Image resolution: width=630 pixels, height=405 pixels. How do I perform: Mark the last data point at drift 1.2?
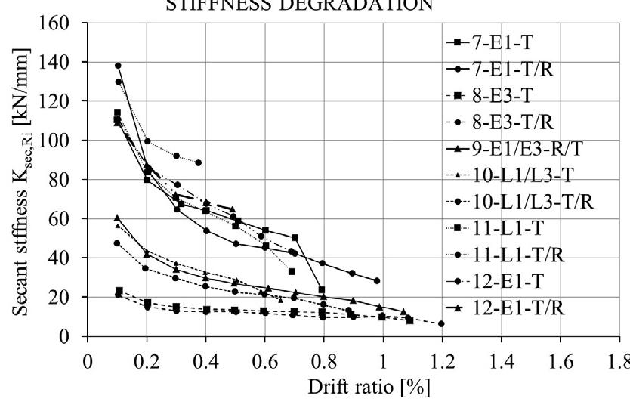click(x=441, y=323)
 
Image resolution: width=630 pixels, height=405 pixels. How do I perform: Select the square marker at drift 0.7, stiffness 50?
click(x=295, y=238)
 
